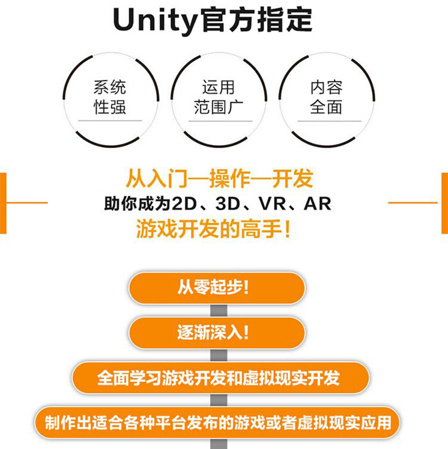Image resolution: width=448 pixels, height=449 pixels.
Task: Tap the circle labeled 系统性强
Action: tap(110, 99)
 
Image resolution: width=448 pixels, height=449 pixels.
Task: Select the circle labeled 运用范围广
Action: tap(218, 99)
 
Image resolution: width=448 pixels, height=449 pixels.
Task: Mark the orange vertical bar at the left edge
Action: tap(3, 203)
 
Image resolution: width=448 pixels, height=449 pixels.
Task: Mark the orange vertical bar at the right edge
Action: tap(445, 203)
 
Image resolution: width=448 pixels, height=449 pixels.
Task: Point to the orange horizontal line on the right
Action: tap(412, 202)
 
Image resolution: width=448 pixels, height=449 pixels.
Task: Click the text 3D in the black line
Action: tap(226, 204)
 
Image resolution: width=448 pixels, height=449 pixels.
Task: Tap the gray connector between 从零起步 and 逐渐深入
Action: tap(218, 310)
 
